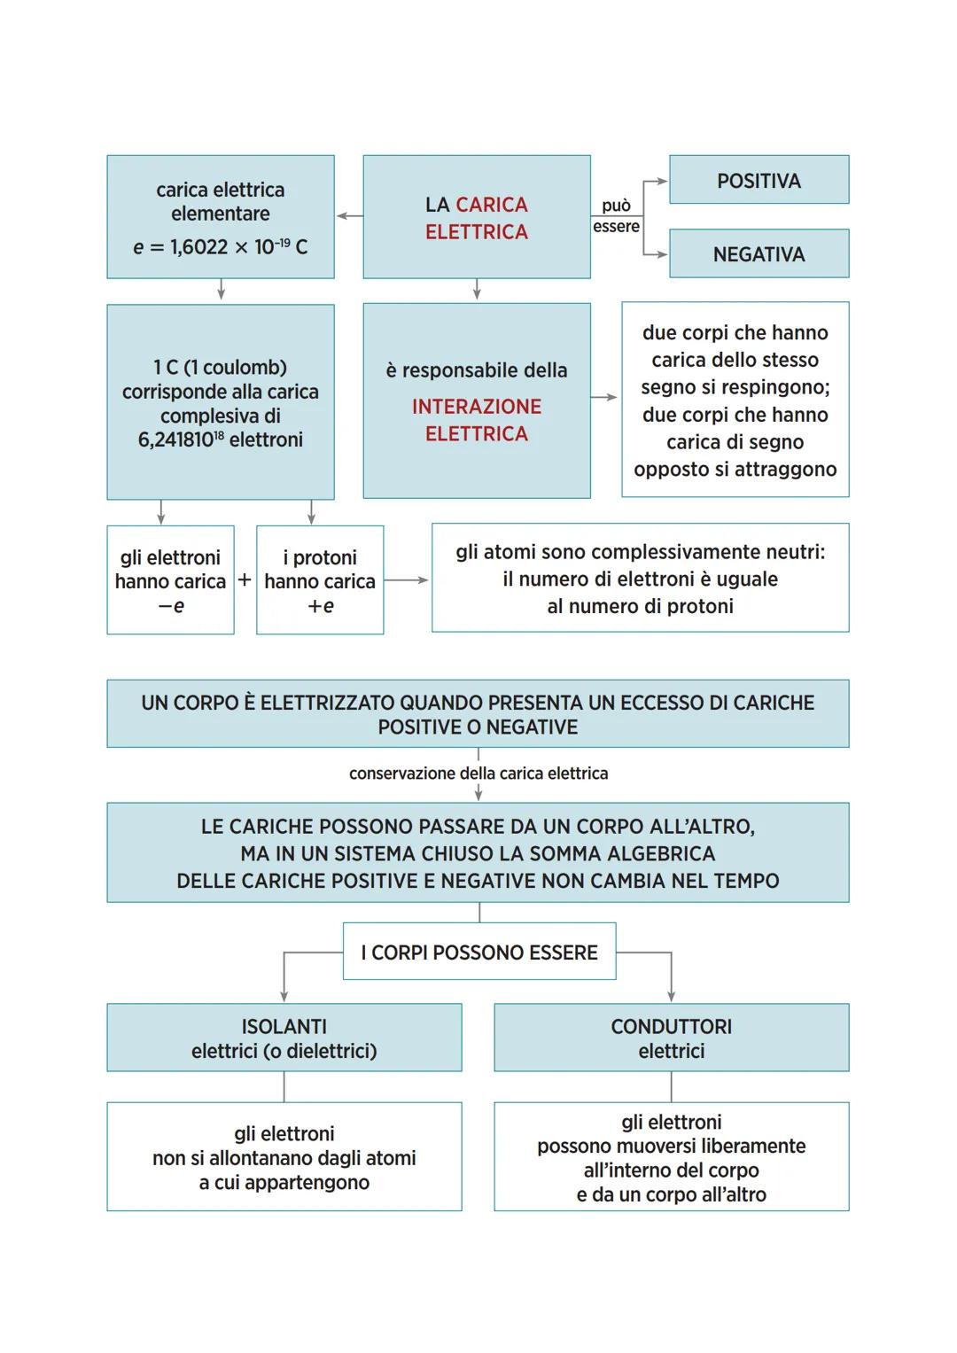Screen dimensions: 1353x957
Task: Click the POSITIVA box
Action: (759, 180)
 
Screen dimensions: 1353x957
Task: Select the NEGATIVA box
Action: (759, 254)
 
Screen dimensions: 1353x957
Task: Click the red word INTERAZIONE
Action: (476, 407)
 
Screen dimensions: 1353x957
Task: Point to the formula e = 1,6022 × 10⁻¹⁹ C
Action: (220, 247)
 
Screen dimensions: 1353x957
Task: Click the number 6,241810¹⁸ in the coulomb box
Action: (181, 439)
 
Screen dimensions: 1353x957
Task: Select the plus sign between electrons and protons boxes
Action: (245, 580)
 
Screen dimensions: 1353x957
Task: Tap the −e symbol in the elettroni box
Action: (171, 606)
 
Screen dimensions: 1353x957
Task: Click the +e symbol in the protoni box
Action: (320, 606)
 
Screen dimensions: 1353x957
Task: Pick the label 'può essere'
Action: (616, 215)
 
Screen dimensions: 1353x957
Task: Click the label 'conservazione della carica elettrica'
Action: (478, 774)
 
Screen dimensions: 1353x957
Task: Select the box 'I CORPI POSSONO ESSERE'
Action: (478, 953)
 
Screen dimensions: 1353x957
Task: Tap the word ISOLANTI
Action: (284, 1026)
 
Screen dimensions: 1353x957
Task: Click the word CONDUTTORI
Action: (671, 1026)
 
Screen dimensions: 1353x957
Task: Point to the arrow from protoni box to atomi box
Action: (407, 580)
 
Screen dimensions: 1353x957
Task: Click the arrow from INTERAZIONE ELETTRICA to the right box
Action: (605, 398)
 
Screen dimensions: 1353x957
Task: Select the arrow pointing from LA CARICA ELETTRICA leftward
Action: (348, 216)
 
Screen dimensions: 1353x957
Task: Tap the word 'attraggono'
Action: (786, 469)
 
